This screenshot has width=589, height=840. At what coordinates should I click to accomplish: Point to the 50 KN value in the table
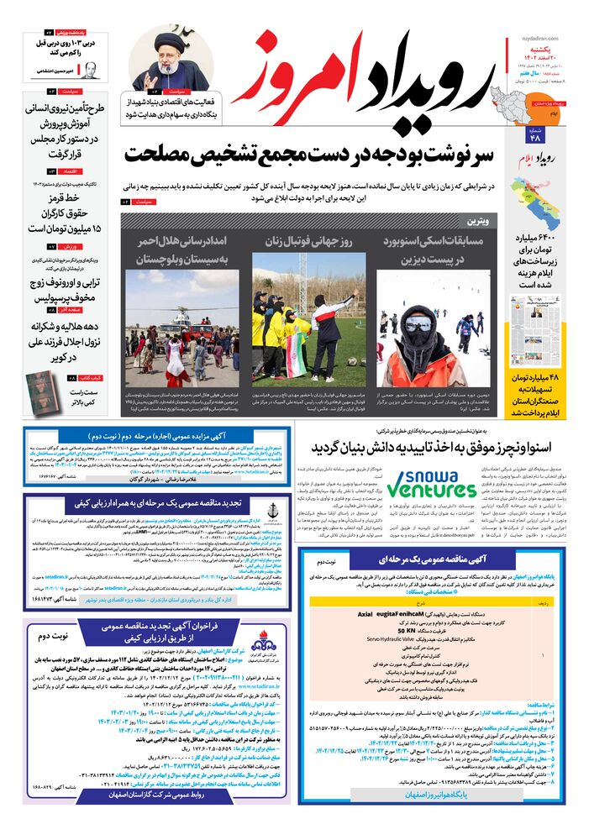point(416,630)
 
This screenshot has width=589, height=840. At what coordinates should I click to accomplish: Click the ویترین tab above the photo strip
point(476,220)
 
